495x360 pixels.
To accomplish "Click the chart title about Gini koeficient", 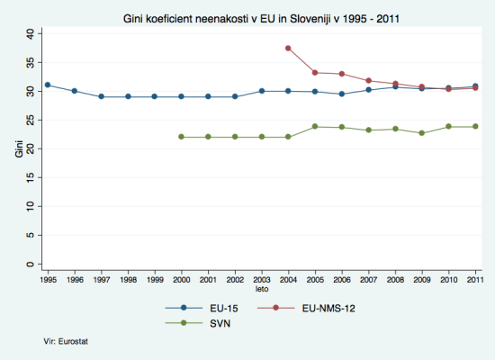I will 260,18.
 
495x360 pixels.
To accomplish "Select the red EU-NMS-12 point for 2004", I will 288,48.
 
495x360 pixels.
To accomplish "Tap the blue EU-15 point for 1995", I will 47,85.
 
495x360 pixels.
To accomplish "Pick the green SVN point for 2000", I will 181,137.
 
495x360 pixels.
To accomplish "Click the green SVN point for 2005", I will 315,127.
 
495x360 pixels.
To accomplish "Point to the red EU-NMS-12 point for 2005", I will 315,73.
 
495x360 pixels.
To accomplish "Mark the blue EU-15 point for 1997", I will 101,96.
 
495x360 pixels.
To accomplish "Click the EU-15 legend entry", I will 206,307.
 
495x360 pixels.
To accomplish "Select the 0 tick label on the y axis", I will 31,265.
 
